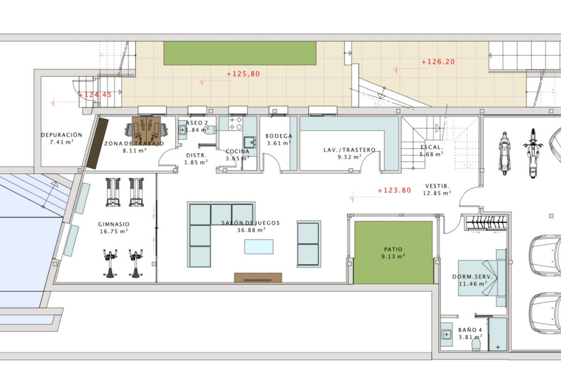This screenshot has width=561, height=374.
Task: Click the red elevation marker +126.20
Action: [438, 62]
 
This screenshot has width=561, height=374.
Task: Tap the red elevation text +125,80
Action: [243, 74]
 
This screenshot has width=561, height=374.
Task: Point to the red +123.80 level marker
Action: [394, 190]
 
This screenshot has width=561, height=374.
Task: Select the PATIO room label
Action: [393, 249]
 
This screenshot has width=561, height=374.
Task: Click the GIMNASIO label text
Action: [114, 224]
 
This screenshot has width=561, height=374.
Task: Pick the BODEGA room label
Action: [279, 136]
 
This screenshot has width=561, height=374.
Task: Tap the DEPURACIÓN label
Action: [62, 135]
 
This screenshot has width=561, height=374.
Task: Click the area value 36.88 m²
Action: [251, 230]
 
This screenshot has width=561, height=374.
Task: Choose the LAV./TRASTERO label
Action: [349, 150]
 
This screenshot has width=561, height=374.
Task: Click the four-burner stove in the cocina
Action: [236, 123]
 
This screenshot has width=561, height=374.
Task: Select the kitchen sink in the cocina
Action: [250, 143]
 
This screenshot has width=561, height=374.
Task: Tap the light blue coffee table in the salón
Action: [259, 247]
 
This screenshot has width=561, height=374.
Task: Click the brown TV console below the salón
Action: [258, 278]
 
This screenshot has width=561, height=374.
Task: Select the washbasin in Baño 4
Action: [446, 334]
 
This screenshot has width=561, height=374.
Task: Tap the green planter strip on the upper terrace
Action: [240, 53]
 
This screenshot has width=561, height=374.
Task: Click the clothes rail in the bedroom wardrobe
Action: [486, 223]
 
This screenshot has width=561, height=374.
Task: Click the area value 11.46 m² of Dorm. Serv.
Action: [473, 284]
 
